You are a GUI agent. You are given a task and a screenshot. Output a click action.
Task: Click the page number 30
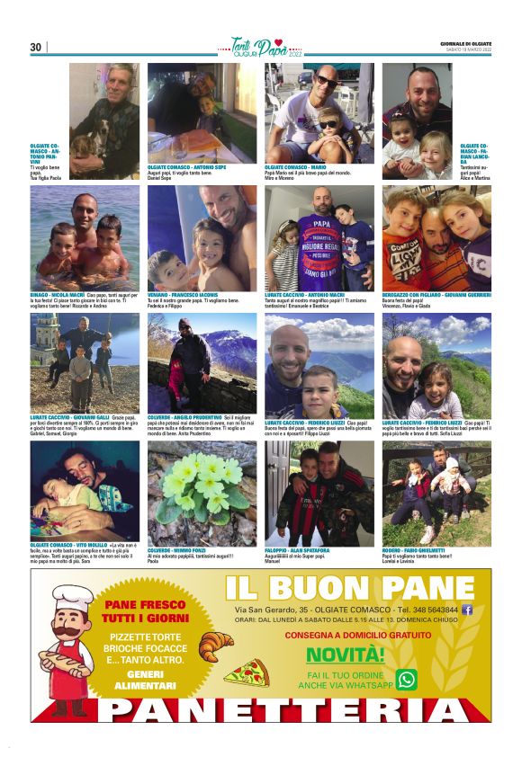point(36,47)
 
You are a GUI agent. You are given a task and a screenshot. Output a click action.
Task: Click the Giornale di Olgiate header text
point(465,41)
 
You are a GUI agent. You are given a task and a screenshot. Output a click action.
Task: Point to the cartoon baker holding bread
point(70,646)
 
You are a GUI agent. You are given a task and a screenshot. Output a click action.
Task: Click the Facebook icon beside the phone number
point(467,610)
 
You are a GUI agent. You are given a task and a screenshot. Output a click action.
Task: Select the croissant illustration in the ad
point(216,644)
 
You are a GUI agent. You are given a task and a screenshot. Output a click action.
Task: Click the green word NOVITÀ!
point(345,654)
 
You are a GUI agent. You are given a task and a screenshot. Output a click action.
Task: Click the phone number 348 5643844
point(431,610)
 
